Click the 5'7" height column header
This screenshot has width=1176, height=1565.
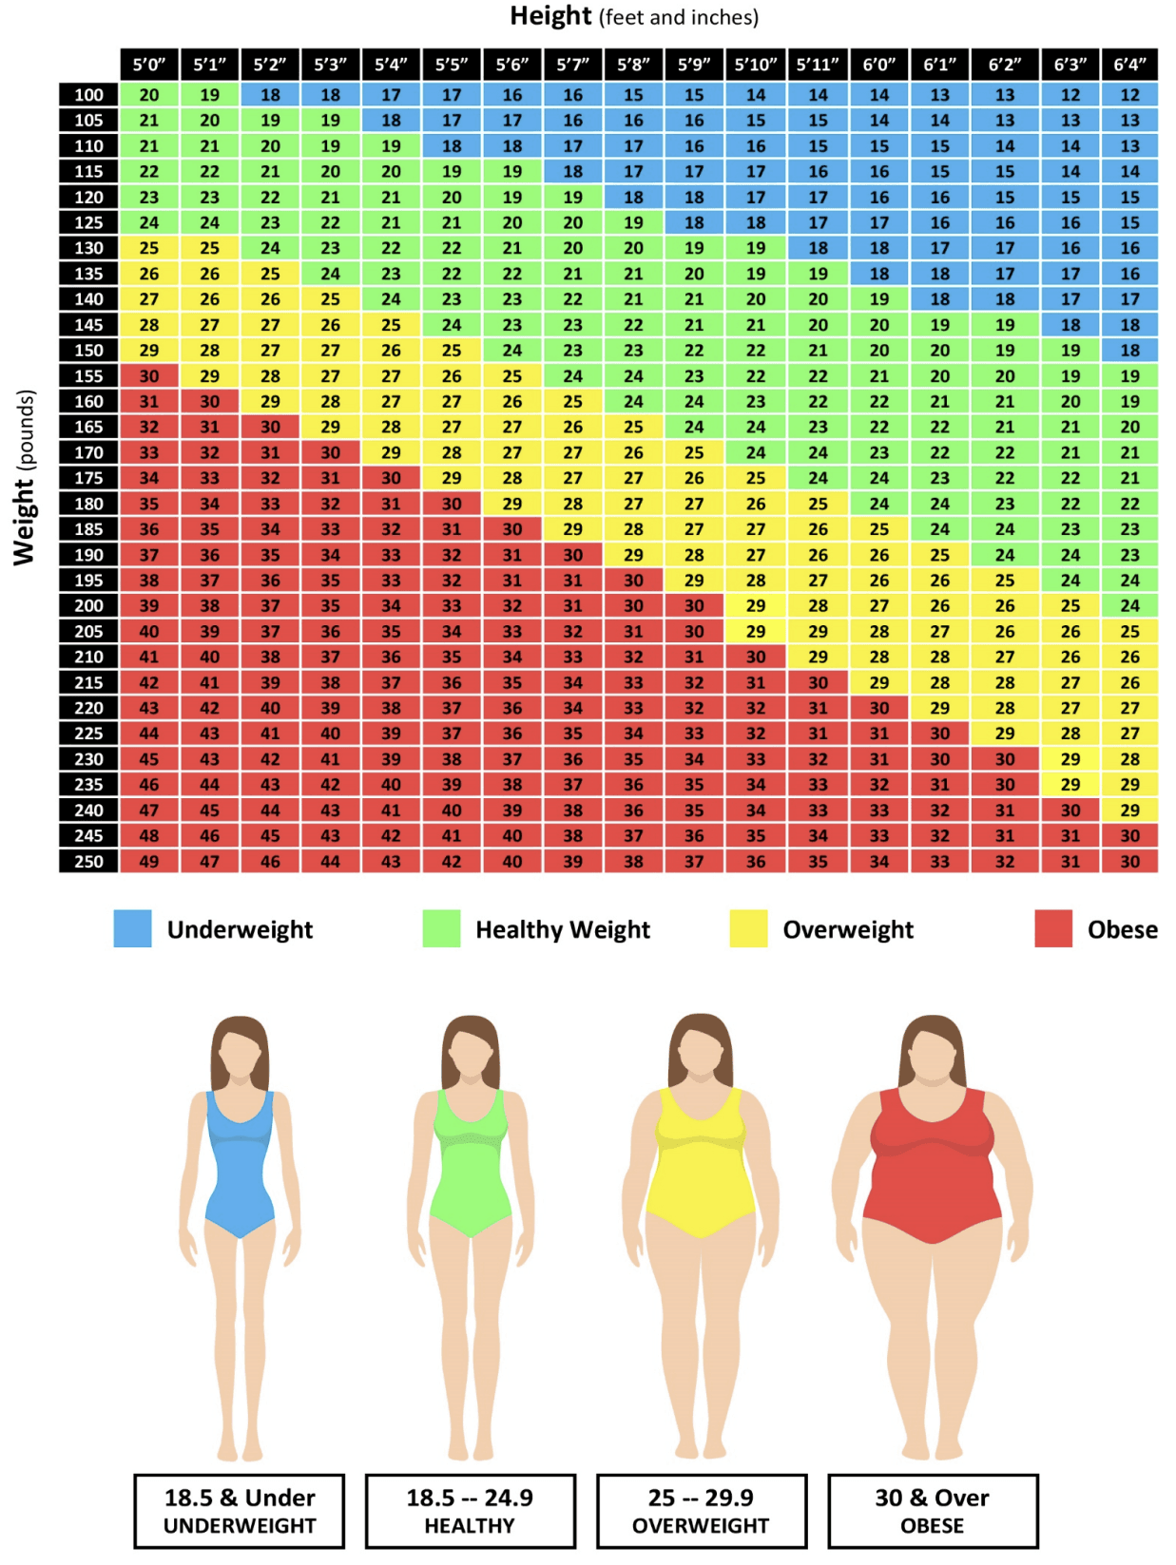pos(572,65)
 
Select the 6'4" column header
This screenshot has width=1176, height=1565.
pos(1129,65)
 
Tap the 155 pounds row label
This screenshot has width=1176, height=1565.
pos(88,376)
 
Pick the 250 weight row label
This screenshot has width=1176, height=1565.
pos(88,862)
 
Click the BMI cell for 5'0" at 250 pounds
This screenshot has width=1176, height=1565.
pos(149,862)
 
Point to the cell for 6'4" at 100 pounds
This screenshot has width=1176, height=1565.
pos(1129,95)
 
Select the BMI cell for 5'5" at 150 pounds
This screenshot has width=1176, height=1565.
pos(452,351)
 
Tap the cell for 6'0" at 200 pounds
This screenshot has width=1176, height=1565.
pos(879,606)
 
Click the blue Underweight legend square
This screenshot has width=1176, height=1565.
pos(132,928)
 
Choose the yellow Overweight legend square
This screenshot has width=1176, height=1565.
pos(748,928)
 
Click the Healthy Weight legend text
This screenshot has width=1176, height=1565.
pos(563,929)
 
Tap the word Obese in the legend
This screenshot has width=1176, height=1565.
pos(1123,929)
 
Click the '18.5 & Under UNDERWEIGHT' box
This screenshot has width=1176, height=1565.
pos(240,1511)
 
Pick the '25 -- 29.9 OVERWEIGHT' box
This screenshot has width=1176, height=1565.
pos(701,1511)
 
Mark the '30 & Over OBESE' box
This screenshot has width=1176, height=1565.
pos(932,1511)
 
